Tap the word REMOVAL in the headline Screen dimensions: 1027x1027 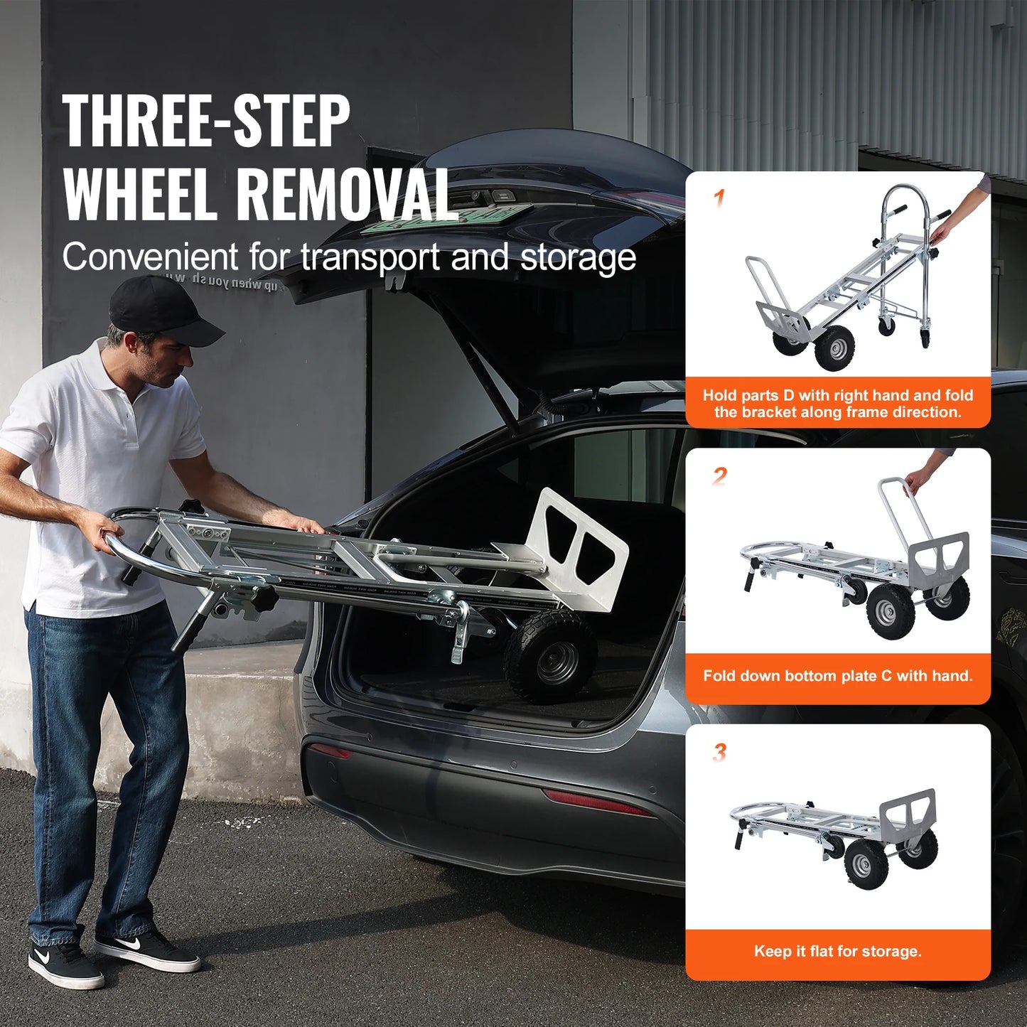(346, 195)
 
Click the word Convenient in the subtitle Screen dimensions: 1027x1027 (150, 257)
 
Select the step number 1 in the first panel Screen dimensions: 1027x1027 (719, 198)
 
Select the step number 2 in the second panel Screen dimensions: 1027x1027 (719, 475)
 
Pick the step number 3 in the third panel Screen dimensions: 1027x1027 (719, 752)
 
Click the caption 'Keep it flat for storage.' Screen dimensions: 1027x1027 (837, 952)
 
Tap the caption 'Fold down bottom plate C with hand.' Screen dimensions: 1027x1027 (837, 676)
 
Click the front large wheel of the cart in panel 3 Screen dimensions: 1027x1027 (866, 863)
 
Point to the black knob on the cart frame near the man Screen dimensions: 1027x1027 (264, 599)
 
